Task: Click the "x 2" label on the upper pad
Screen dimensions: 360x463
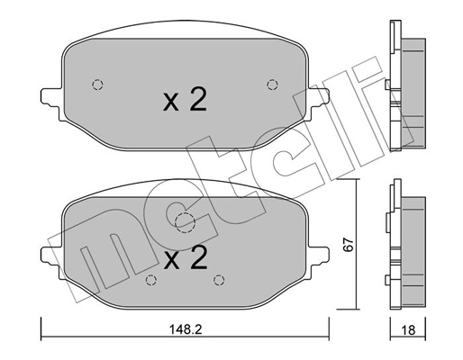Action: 185,100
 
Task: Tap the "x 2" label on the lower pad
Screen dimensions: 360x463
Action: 186,259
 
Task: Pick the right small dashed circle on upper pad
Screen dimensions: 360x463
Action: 272,85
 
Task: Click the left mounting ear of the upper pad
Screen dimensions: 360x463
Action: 50,94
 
